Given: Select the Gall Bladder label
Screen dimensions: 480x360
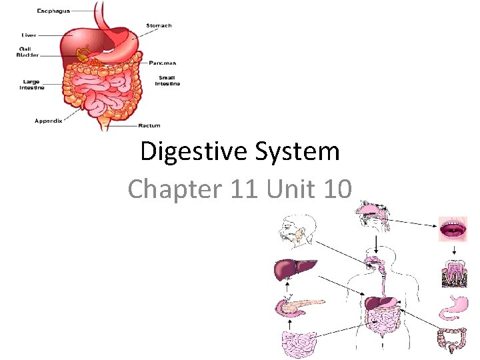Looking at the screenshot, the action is [x=27, y=52].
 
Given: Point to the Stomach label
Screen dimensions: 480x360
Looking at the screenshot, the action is [x=159, y=26].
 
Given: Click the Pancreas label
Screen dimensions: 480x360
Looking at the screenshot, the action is [x=163, y=63].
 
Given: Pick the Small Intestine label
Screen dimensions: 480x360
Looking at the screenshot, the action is [x=167, y=81].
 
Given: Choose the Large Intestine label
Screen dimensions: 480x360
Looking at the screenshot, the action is [x=31, y=85].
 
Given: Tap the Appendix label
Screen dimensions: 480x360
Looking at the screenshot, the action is [x=48, y=121].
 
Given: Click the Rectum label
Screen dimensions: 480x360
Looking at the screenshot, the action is [x=149, y=125].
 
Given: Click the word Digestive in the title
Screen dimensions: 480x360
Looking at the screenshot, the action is [x=183, y=152].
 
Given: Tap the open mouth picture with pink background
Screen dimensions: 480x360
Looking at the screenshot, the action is [x=454, y=229].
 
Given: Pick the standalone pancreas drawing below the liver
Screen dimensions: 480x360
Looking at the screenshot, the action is [x=297, y=306].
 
